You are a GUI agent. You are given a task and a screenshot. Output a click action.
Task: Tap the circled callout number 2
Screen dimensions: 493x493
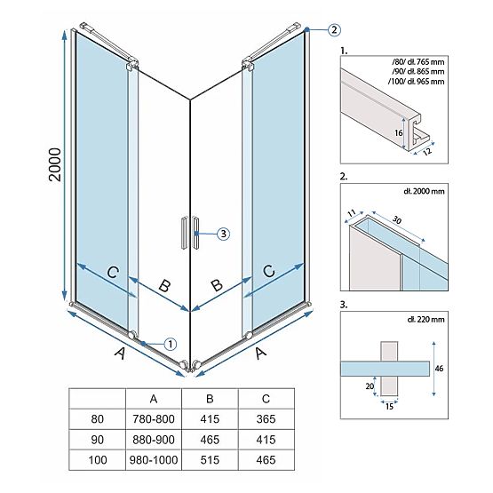tap(333, 29)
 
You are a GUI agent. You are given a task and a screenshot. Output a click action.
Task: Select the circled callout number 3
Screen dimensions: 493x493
tap(224, 234)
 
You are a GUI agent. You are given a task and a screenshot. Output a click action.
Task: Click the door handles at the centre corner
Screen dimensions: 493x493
tap(189, 234)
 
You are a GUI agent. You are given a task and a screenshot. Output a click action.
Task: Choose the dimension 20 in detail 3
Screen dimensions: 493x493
tap(368, 386)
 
